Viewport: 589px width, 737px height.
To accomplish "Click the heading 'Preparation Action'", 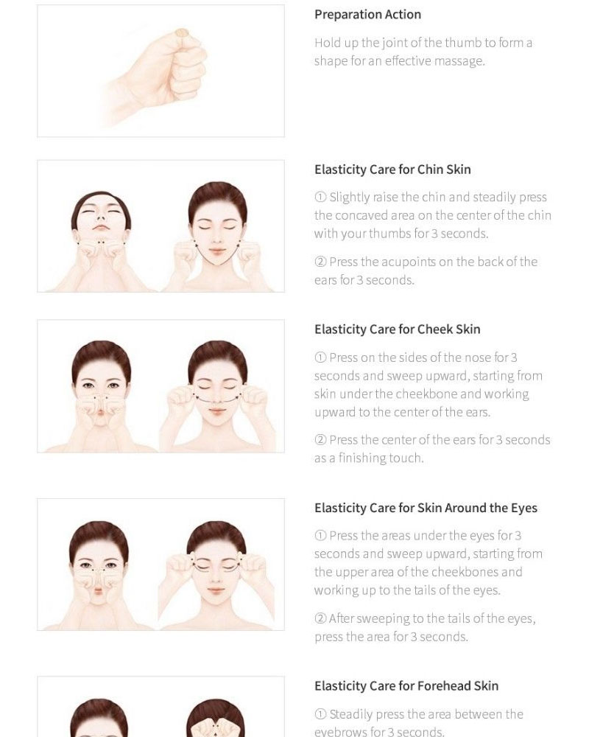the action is click(x=368, y=15).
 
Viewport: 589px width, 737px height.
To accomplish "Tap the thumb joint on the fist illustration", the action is click(x=182, y=33).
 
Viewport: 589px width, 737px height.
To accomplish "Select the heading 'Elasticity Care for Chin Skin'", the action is click(x=392, y=170).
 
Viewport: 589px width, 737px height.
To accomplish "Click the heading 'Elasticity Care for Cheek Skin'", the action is click(x=398, y=329).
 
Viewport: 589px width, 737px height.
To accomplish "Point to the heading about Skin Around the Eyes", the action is click(x=426, y=508).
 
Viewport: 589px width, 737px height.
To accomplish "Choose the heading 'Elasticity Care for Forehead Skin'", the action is click(x=406, y=686).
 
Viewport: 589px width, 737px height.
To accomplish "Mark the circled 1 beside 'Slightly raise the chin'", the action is click(x=320, y=197).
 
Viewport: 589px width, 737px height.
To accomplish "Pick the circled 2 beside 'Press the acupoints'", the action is click(x=320, y=262).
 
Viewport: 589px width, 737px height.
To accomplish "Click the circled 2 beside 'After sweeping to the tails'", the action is click(x=320, y=618).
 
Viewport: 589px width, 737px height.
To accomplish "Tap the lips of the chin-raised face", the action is click(x=101, y=228).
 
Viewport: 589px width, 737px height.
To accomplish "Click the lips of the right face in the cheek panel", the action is click(x=217, y=412).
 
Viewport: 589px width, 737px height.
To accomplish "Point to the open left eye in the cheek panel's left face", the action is click(x=88, y=386).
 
